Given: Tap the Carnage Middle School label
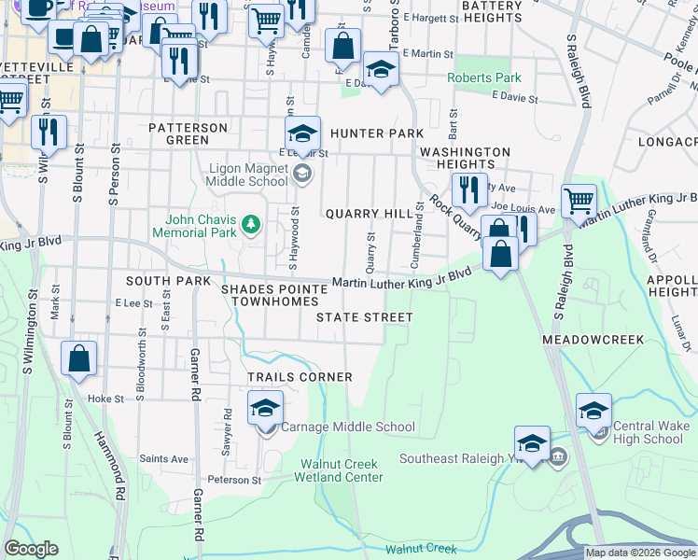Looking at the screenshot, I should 348,427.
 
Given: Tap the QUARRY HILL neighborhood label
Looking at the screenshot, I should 369,214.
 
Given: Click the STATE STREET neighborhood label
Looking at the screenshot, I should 364,317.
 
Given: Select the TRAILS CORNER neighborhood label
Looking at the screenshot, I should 300,377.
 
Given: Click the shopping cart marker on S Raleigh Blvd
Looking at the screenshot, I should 579,200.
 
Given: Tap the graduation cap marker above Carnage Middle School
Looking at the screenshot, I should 266,408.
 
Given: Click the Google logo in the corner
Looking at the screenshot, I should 31,549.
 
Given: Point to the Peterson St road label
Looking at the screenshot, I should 233,480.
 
